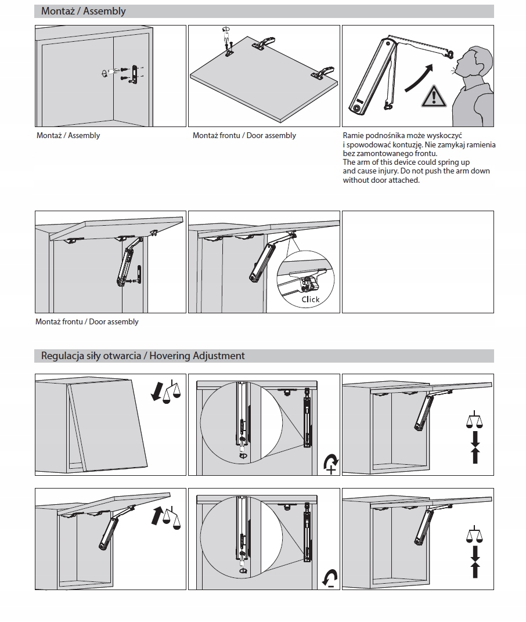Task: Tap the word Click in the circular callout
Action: pos(311,299)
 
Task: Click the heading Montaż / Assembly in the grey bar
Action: pos(83,11)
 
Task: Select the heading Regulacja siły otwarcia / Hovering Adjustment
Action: pos(143,356)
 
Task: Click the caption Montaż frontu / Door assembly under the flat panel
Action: pos(244,136)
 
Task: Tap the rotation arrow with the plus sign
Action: pos(330,464)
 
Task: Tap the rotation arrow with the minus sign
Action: pos(330,578)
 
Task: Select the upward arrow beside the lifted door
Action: pos(157,515)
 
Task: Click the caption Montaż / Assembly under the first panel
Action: pos(68,136)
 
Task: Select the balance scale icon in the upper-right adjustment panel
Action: pos(475,420)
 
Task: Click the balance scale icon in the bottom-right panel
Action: pos(475,534)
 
